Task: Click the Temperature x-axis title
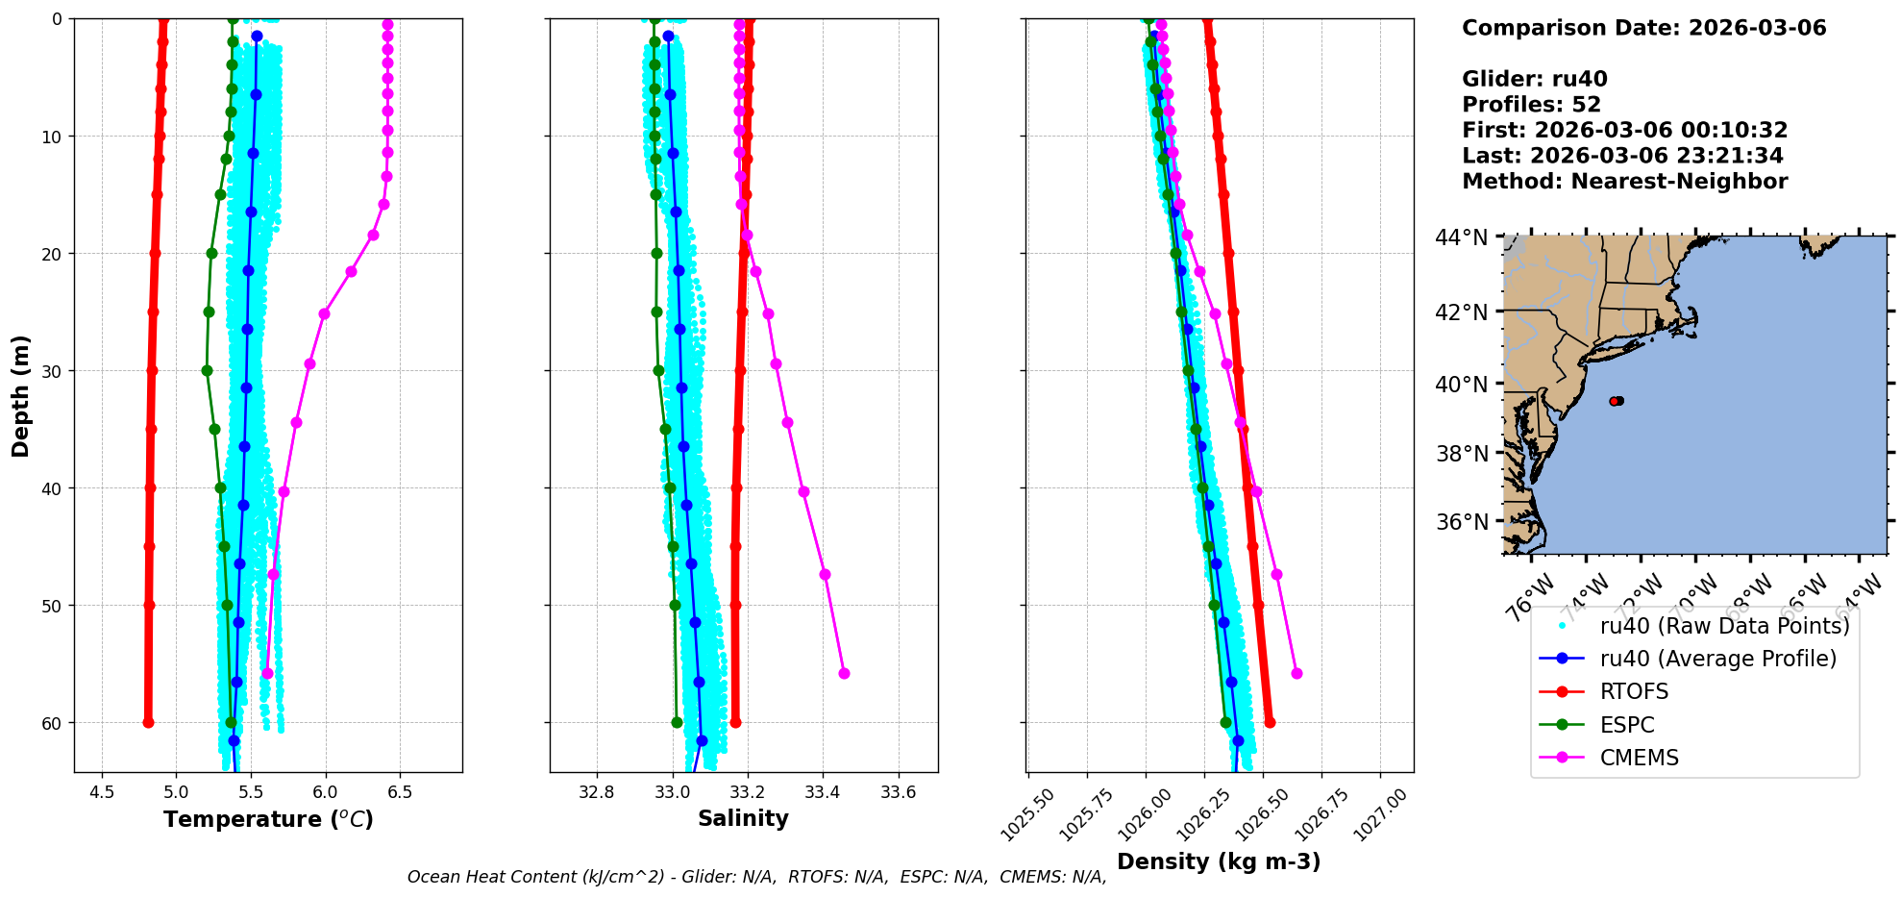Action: click(x=268, y=819)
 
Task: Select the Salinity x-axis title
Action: click(x=743, y=818)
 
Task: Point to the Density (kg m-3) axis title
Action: click(x=1219, y=861)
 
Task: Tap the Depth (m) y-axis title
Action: click(x=21, y=395)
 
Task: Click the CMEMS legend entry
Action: click(x=1639, y=758)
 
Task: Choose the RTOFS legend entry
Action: click(x=1634, y=691)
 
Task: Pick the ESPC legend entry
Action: click(x=1627, y=725)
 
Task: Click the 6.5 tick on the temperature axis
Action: click(x=400, y=792)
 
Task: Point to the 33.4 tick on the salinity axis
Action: click(x=823, y=792)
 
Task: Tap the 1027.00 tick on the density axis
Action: click(x=1381, y=813)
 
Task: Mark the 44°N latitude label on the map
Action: click(x=1461, y=237)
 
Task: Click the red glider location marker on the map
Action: click(x=1615, y=401)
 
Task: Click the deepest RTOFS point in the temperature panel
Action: click(x=148, y=722)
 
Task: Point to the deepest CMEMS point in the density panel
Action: click(x=1296, y=673)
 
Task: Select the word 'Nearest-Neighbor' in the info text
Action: click(x=1679, y=182)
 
